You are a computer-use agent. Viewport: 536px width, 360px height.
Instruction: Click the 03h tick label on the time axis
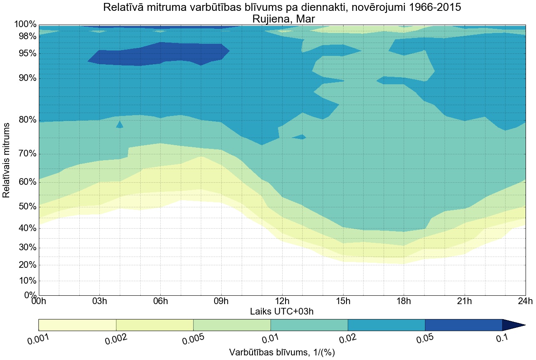tap(99, 301)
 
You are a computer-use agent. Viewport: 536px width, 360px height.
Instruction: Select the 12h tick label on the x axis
tap(282, 301)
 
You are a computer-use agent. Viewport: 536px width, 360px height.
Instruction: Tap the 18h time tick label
tap(404, 301)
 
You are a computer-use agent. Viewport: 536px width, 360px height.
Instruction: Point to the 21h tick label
tap(464, 301)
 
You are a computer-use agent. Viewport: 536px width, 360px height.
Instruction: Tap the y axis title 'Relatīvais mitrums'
tap(6, 160)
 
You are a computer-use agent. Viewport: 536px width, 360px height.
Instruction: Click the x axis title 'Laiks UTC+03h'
tap(282, 311)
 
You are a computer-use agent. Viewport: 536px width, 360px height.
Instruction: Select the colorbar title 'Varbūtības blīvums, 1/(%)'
tap(282, 352)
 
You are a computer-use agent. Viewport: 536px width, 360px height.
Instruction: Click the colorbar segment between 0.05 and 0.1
tap(463, 325)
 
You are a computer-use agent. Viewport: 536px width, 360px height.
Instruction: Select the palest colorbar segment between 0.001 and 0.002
tap(77, 325)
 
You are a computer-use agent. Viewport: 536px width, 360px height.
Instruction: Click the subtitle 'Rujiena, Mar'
tap(282, 19)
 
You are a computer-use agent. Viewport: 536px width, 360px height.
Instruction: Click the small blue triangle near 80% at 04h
tap(120, 125)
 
